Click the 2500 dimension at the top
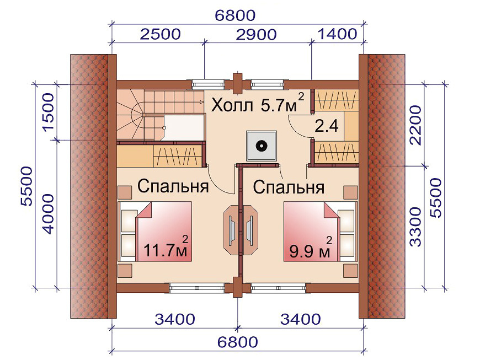point(161,34)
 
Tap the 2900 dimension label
point(256,35)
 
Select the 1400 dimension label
point(338,34)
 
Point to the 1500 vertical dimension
point(48,112)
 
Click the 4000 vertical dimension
point(48,213)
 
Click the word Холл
point(232,105)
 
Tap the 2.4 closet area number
point(327,126)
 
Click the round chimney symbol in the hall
point(261,146)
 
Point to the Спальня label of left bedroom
point(173,186)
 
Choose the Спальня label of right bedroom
point(289,187)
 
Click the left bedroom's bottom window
point(197,288)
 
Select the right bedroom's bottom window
point(278,288)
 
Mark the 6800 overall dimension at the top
point(235,15)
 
